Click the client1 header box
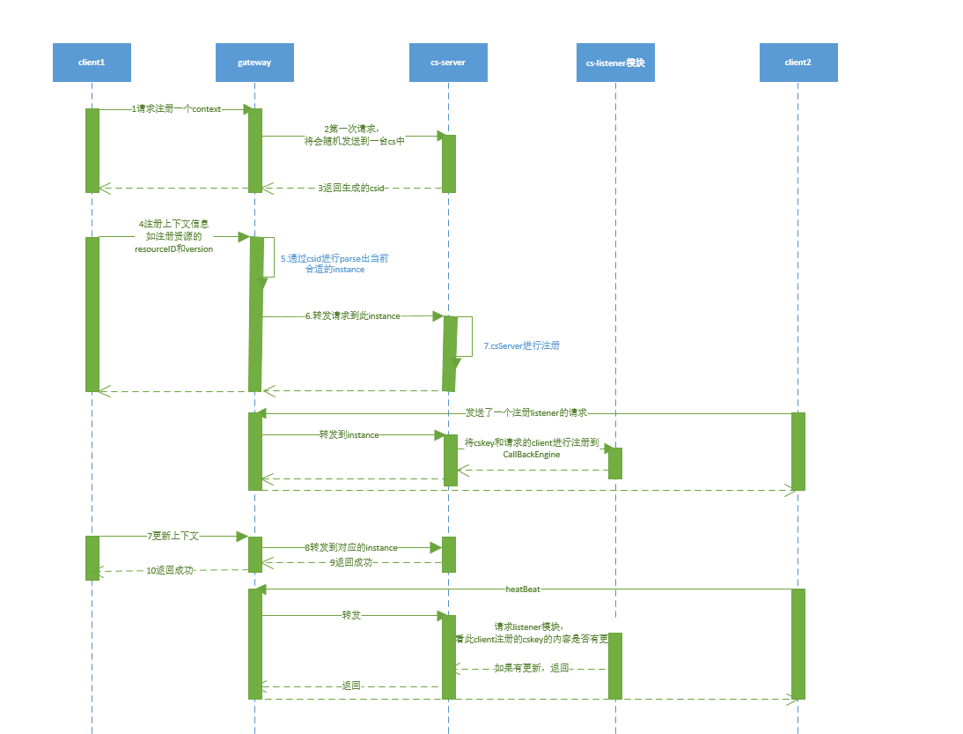click(92, 63)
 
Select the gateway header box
click(254, 63)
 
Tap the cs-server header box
click(448, 63)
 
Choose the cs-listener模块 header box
click(615, 63)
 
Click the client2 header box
click(798, 63)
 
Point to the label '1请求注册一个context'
click(176, 109)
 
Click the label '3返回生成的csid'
click(352, 188)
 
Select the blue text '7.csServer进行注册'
click(521, 345)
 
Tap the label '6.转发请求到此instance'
click(352, 315)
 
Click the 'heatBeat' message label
click(523, 589)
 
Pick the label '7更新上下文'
click(173, 536)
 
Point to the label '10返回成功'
click(170, 570)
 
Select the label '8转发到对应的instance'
click(351, 547)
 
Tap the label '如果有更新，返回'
click(532, 668)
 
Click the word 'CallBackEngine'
click(532, 454)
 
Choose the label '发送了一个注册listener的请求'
click(526, 412)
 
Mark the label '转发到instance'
click(349, 434)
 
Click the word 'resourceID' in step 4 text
click(153, 248)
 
